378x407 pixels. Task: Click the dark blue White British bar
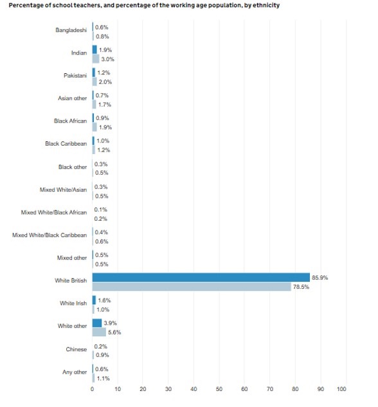pos(201,277)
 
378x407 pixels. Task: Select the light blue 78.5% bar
pos(192,286)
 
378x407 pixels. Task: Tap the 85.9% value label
pos(319,278)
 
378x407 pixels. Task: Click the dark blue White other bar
pos(97,323)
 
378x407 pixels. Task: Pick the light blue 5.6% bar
pos(99,332)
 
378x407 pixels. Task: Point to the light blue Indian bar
pos(96,59)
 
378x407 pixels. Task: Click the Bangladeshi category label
pos(71,30)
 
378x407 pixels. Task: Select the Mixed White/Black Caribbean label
pos(50,235)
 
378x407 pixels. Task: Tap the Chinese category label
pos(76,349)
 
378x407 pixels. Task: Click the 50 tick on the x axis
pos(219,389)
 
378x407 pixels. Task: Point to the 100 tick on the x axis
pos(341,389)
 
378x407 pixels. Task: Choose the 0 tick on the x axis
pos(93,389)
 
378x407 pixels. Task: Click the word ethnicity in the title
pos(266,5)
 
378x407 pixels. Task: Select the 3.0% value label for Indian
pos(107,59)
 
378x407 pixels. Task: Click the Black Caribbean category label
pos(66,144)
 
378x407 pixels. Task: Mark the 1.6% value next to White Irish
pos(104,300)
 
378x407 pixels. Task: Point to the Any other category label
pos(75,372)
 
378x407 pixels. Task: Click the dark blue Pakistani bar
pos(94,73)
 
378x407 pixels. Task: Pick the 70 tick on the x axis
pos(270,389)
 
